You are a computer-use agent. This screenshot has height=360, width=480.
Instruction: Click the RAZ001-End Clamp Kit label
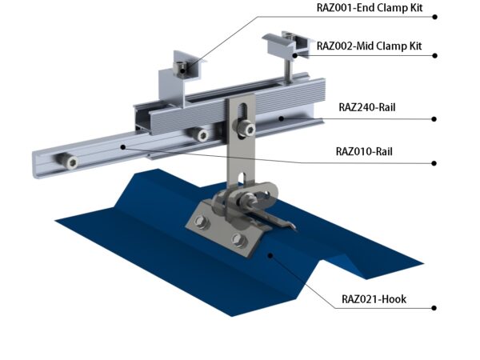370,8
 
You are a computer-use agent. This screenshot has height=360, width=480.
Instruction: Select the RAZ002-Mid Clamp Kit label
369,46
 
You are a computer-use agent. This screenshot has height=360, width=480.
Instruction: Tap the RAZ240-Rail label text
367,107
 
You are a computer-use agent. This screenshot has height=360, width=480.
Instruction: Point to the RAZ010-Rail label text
364,151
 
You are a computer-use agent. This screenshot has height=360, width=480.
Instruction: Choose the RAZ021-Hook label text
374,298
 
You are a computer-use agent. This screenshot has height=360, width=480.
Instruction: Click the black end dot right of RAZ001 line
434,17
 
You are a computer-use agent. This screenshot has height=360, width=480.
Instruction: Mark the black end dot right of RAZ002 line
434,55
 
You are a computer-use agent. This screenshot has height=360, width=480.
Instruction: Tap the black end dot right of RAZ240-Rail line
434,118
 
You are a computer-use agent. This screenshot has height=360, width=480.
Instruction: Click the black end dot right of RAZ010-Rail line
434,163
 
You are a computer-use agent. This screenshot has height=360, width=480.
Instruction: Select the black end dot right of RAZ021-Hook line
434,308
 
